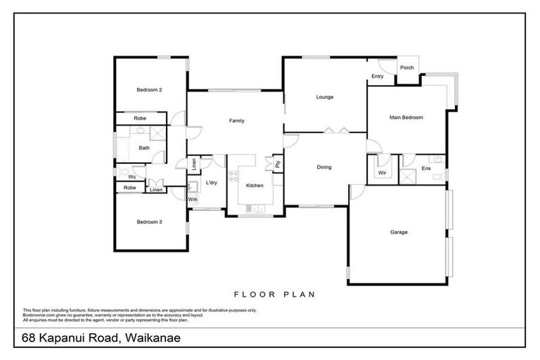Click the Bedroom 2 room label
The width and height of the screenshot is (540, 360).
tap(149, 90)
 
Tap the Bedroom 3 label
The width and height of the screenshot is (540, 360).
tap(149, 222)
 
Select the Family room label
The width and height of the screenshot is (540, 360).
tap(237, 121)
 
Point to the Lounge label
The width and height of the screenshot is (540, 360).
tap(324, 97)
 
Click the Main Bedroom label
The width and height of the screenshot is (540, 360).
tap(406, 117)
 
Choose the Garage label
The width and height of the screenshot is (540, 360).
tap(399, 232)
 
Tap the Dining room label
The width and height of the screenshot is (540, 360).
tap(323, 167)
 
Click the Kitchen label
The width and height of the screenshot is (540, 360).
tap(254, 185)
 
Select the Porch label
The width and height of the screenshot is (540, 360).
tap(406, 67)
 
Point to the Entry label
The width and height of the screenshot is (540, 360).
tap(377, 77)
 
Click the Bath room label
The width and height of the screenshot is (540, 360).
tap(143, 148)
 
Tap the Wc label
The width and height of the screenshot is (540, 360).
tap(131, 176)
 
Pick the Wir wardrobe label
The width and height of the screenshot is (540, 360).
tap(382, 172)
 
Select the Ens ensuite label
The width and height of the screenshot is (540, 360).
tap(426, 169)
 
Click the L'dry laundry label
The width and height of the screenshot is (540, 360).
tap(211, 184)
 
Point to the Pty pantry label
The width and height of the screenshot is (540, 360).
tap(278, 164)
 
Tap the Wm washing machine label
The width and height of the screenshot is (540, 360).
tap(193, 200)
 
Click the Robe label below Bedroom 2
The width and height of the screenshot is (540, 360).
tap(140, 119)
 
